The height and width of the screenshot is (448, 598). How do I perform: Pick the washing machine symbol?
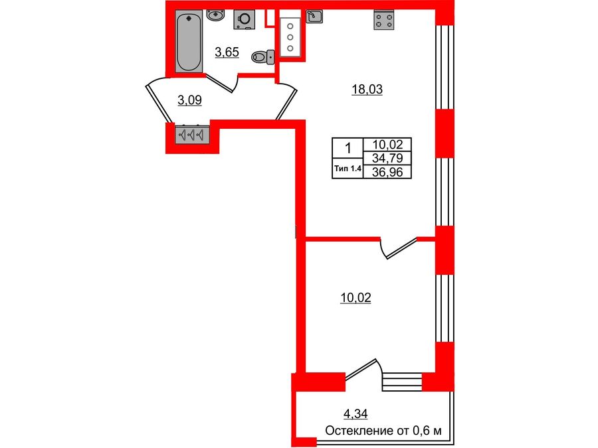pos(244,20)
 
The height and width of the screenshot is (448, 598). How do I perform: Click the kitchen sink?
pos(316,15)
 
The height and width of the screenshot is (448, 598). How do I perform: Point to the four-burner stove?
pos(382,20)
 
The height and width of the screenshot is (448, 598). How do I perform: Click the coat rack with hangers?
pos(192,135)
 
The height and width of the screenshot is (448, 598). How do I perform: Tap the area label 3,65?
pos(227,52)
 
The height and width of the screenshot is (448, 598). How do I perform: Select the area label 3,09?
pos(189,100)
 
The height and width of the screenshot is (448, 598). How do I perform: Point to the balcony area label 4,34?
pos(355,415)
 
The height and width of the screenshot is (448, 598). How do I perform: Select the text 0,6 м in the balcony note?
pos(427,431)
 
